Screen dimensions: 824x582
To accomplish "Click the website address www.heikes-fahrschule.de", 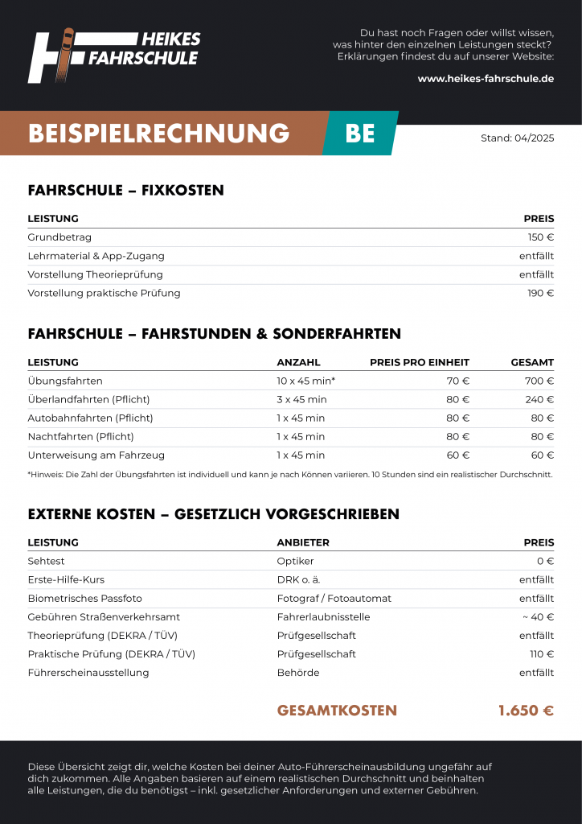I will [486, 79].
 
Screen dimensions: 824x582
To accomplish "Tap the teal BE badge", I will [360, 133].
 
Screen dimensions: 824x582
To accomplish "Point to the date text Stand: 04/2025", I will [517, 138].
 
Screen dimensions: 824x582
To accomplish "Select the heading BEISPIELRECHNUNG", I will [158, 133].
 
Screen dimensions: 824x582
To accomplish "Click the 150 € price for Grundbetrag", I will [540, 237].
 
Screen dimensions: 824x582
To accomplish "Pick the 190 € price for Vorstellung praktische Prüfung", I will [540, 293].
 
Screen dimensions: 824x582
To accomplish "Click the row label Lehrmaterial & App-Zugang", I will [96, 256].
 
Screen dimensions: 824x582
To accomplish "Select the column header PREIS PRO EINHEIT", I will [419, 362].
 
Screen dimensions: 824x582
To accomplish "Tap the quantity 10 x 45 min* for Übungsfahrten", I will [305, 381].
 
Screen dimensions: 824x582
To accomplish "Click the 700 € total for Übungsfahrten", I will [539, 381].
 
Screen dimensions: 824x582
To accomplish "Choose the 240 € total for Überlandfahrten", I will [539, 399].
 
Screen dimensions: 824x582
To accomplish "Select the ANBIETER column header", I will [303, 542].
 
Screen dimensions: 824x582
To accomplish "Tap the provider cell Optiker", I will [295, 561].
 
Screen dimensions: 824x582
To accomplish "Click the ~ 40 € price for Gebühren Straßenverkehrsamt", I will [538, 616].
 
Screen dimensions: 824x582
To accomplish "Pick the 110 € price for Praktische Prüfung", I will [541, 653].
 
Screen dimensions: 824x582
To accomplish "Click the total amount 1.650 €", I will [526, 711].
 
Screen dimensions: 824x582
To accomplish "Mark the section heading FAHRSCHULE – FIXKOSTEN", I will [125, 191].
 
